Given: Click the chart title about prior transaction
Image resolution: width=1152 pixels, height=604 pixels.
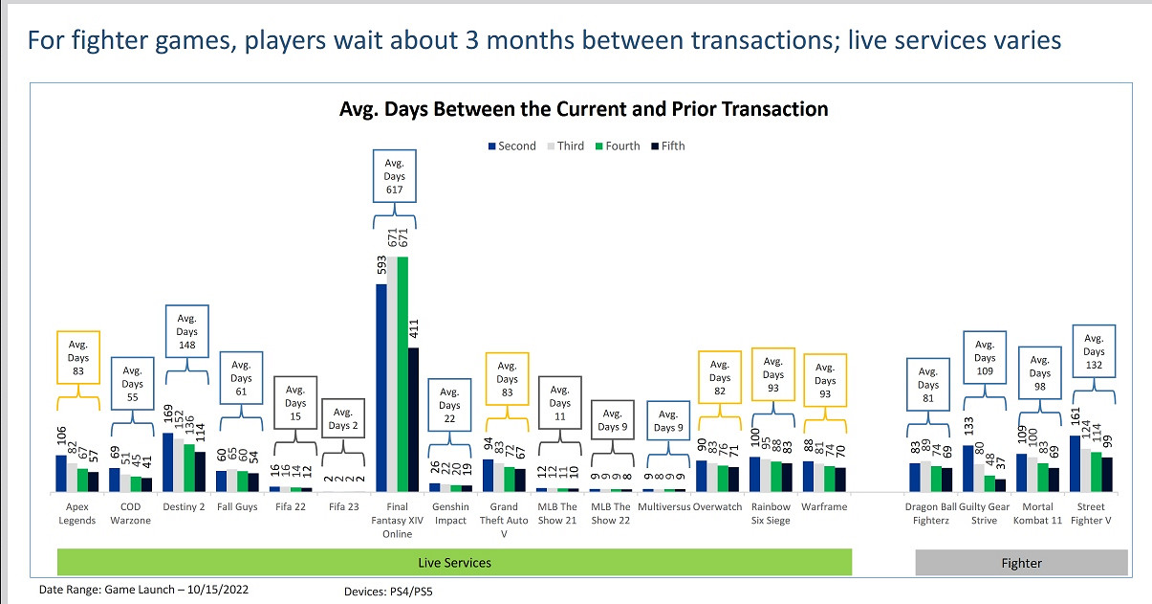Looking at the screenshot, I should (x=583, y=109).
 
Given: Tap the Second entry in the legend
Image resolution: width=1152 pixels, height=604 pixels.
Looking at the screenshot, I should (x=511, y=146).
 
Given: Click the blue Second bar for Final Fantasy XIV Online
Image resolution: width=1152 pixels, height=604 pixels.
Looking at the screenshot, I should (x=381, y=387).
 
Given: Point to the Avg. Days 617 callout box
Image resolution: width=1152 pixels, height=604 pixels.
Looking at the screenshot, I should (x=395, y=176).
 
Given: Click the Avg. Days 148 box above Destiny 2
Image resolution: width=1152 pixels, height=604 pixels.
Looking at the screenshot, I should (x=186, y=332).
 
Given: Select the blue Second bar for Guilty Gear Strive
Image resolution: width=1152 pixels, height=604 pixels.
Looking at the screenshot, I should (x=967, y=467).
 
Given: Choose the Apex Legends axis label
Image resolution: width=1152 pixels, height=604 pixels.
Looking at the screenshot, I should (x=77, y=513).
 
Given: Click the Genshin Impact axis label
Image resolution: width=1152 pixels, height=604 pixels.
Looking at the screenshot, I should (x=450, y=513).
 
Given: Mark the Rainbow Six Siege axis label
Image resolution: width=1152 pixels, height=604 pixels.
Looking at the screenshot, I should (x=771, y=513).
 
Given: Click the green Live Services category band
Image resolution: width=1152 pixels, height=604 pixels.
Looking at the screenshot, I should (x=454, y=562).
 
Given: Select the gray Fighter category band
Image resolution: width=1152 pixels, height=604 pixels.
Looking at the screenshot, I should (x=1021, y=563).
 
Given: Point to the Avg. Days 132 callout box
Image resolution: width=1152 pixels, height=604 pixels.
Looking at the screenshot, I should (x=1095, y=351).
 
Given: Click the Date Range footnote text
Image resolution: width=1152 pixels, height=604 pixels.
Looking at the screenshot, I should (x=143, y=591).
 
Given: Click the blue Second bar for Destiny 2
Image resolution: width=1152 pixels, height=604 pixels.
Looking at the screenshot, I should (x=168, y=461).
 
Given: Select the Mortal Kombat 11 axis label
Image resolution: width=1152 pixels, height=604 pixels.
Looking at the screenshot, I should (x=1038, y=513).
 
